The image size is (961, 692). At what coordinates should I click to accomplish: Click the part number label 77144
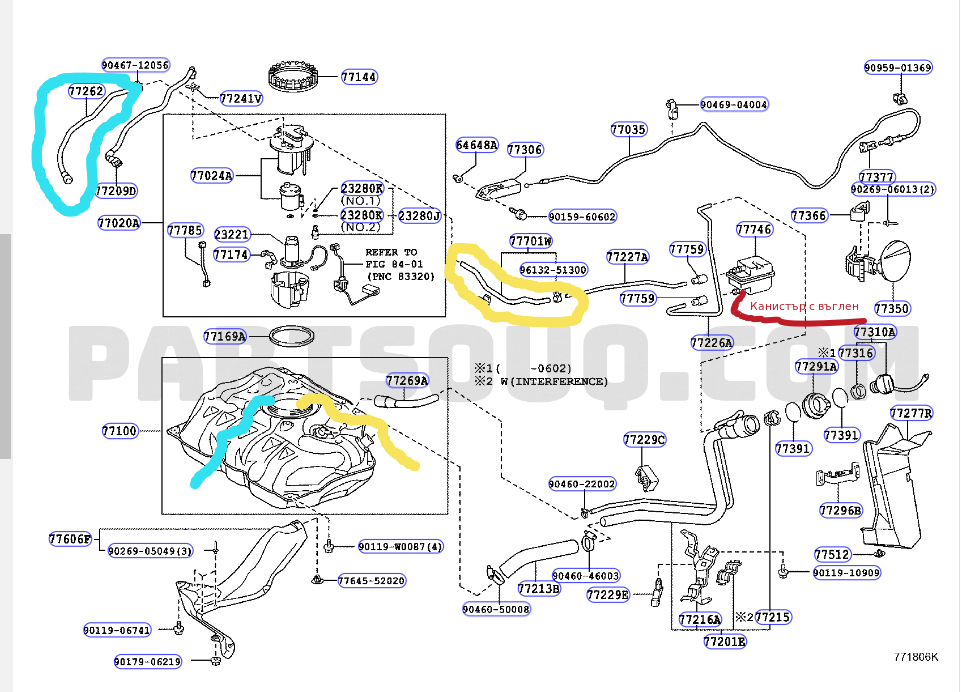(x=358, y=76)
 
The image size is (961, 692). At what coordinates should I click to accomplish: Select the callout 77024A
(x=211, y=176)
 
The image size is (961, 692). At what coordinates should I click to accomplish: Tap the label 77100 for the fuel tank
(x=119, y=431)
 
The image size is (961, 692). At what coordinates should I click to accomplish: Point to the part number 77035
(x=628, y=129)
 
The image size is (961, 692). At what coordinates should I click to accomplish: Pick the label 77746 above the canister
(x=754, y=230)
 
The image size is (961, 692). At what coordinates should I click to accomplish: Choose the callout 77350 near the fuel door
(x=892, y=310)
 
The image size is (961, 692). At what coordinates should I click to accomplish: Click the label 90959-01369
(x=898, y=68)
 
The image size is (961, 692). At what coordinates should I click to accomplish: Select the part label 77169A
(x=224, y=337)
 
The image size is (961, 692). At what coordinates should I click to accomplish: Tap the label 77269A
(x=407, y=380)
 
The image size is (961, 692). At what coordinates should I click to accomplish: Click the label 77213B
(x=539, y=589)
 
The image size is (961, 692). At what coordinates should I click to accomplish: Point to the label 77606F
(x=69, y=540)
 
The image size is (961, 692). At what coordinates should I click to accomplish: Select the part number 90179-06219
(x=147, y=661)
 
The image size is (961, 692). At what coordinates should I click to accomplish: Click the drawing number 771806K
(x=917, y=657)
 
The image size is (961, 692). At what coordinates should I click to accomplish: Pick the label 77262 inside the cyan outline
(x=86, y=91)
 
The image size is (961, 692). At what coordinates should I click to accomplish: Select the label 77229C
(x=644, y=440)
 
